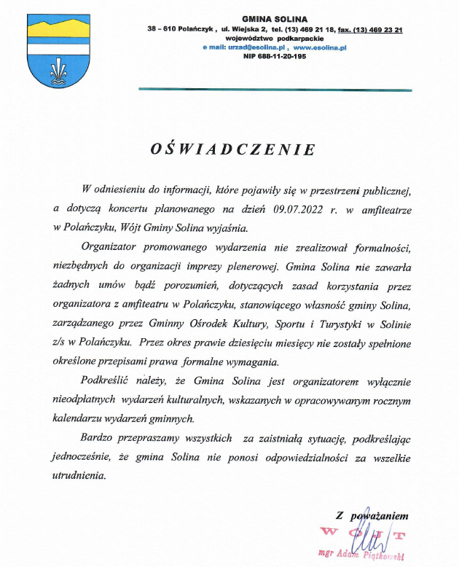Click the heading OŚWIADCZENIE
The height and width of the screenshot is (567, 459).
[x=233, y=149]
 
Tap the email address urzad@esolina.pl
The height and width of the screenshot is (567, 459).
[x=251, y=47]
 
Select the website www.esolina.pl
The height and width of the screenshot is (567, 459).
[x=320, y=47]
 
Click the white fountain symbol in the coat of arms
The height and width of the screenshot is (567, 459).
[x=58, y=71]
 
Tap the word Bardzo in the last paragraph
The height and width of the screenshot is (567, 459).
[x=98, y=439]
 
